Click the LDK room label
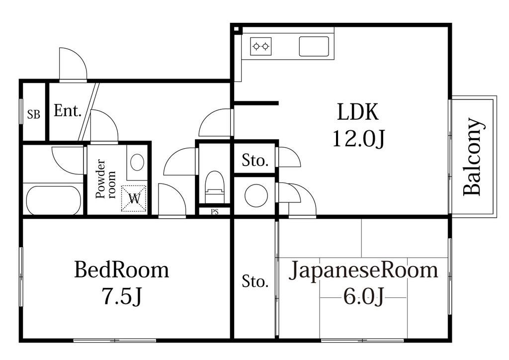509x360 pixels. (x=358, y=112)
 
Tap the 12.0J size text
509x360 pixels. (x=358, y=139)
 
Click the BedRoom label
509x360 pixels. (x=121, y=270)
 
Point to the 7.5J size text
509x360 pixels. (x=121, y=297)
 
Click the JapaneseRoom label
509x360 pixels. (x=364, y=270)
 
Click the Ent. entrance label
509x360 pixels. (x=67, y=111)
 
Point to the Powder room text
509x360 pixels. (x=106, y=178)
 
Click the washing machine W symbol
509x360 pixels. (x=134, y=198)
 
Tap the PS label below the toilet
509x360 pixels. (x=214, y=212)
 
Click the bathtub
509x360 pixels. (x=53, y=200)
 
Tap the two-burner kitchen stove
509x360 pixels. (x=261, y=46)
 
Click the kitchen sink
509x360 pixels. (x=314, y=46)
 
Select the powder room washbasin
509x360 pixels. (x=137, y=162)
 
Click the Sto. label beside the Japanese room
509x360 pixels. (x=255, y=282)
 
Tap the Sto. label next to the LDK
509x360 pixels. (x=255, y=161)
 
